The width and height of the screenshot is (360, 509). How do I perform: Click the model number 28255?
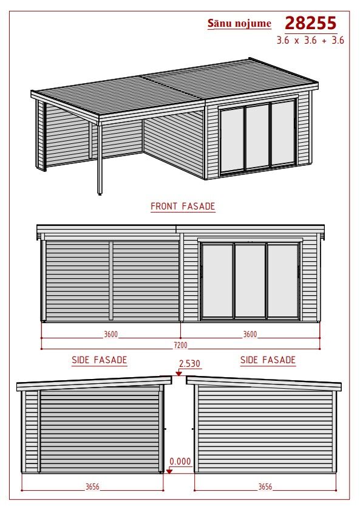pyautogui.click(x=311, y=23)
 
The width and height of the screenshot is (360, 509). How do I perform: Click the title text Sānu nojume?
pyautogui.click(x=239, y=23)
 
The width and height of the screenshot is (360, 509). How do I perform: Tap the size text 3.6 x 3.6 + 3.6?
pyautogui.click(x=310, y=40)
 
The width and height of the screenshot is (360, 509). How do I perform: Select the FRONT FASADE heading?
pyautogui.click(x=183, y=207)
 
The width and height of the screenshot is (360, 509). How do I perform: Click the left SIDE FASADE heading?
pyautogui.click(x=99, y=360)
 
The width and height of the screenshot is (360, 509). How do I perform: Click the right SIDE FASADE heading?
pyautogui.click(x=268, y=360)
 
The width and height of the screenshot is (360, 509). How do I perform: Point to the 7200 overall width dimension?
pyautogui.click(x=180, y=345)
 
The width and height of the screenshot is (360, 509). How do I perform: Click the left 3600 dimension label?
pyautogui.click(x=110, y=334)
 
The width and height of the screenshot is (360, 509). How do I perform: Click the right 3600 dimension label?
pyautogui.click(x=250, y=334)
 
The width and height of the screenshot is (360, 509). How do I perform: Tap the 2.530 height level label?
pyautogui.click(x=190, y=364)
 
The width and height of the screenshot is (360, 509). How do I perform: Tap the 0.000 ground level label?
pyautogui.click(x=180, y=462)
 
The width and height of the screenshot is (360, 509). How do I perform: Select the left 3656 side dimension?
pyautogui.click(x=92, y=487)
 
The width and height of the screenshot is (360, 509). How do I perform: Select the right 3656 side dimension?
pyautogui.click(x=265, y=487)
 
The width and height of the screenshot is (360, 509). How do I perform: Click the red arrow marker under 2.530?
pyautogui.click(x=178, y=374)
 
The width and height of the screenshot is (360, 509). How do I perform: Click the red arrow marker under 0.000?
pyautogui.click(x=169, y=471)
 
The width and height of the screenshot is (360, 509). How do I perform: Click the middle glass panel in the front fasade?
pyautogui.click(x=250, y=281)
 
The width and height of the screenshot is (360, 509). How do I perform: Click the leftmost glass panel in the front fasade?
pyautogui.click(x=217, y=281)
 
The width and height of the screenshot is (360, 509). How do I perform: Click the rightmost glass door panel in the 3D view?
pyautogui.click(x=283, y=133)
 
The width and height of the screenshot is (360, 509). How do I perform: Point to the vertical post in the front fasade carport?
pyautogui.click(x=111, y=281)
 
